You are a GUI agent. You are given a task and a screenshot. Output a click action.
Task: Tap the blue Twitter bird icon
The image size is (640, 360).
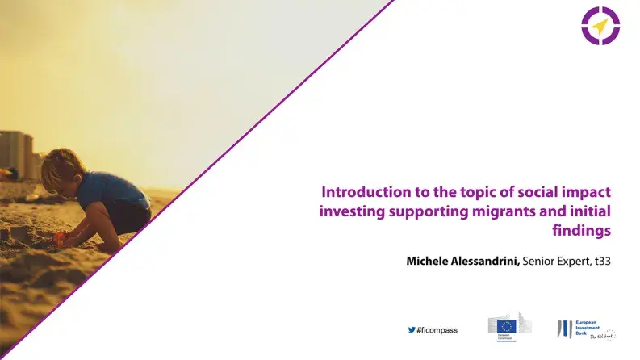tap(412, 329)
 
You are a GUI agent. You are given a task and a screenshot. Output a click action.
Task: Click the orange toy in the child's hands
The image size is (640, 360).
tap(61, 237)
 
